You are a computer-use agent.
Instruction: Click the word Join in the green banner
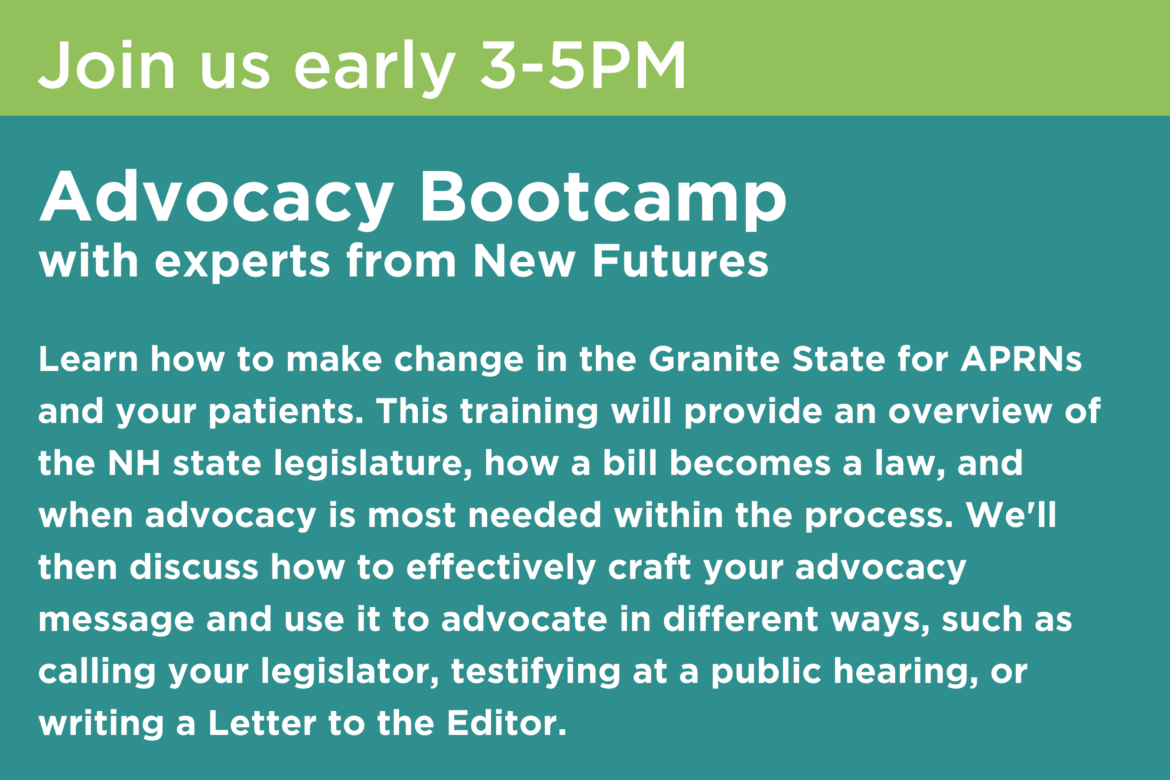point(107,65)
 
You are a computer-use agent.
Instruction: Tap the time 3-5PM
point(583,65)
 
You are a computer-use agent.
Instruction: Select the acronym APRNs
point(1021,359)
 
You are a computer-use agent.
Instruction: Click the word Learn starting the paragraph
point(88,359)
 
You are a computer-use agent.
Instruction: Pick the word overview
point(969,411)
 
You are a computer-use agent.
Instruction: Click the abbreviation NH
point(134,463)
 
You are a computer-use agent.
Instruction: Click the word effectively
point(501,568)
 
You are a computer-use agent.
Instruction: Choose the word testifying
point(536,672)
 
